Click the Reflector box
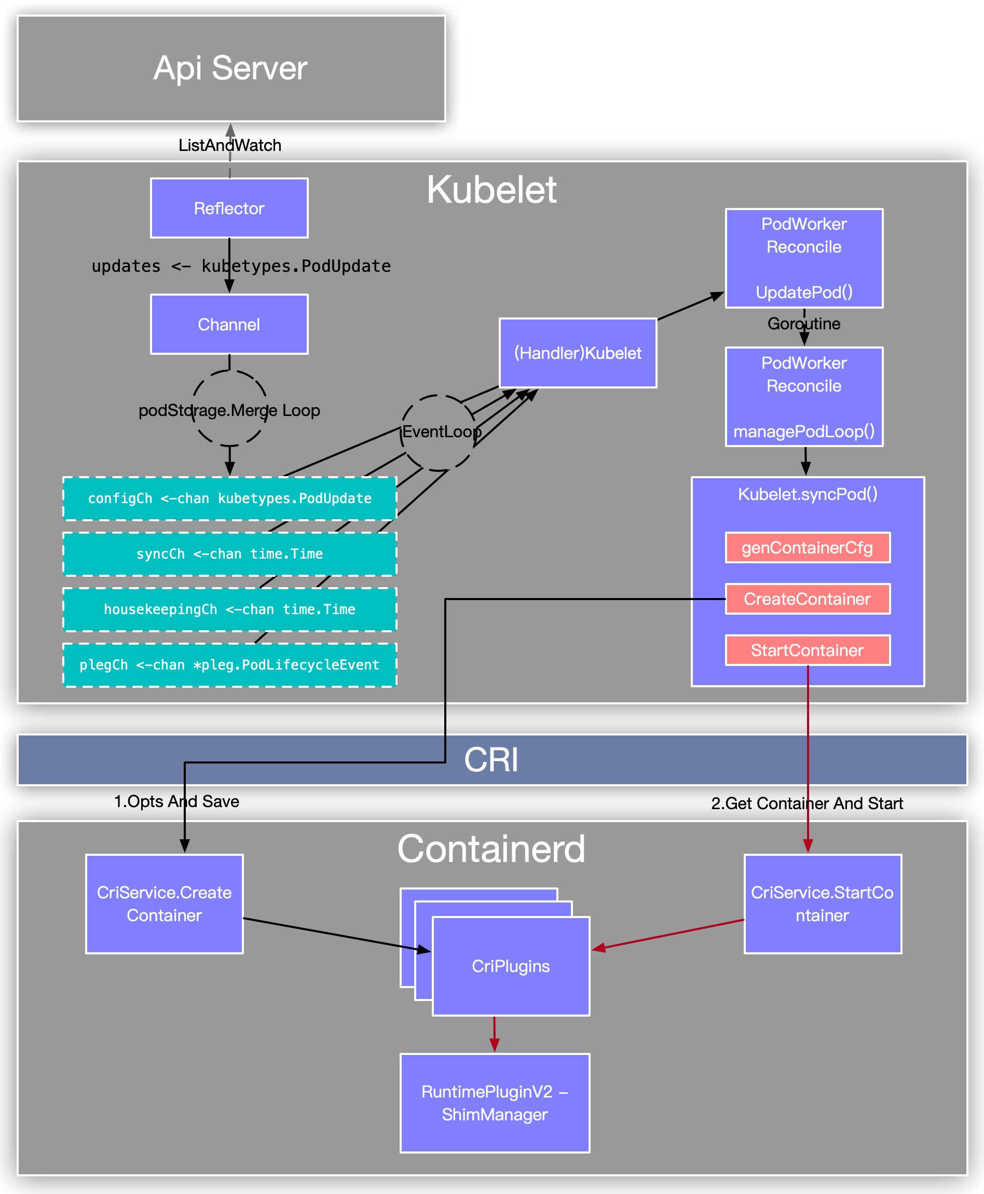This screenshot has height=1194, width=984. click(x=229, y=208)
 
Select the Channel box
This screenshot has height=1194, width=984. click(x=229, y=324)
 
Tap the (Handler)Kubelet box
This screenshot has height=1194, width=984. click(x=578, y=353)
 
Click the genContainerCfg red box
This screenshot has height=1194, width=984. click(x=808, y=548)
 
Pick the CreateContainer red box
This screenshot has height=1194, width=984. click(x=808, y=599)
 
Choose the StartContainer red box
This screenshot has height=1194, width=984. click(x=808, y=650)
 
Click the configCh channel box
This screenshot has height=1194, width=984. click(x=229, y=498)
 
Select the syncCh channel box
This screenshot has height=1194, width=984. click(x=229, y=554)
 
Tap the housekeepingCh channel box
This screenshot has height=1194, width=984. click(x=229, y=609)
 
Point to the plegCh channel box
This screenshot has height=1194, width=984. click(x=229, y=665)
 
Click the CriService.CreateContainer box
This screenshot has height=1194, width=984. click(x=165, y=904)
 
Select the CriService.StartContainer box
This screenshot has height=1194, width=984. click(x=823, y=904)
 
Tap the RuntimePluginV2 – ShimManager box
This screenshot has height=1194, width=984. click(x=495, y=1103)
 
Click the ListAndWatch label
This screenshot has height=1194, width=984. click(x=229, y=145)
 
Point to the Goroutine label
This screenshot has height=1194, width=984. click(x=804, y=324)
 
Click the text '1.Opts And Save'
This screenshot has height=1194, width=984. click(x=176, y=801)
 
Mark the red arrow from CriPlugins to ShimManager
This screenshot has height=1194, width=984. click(x=494, y=1034)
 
